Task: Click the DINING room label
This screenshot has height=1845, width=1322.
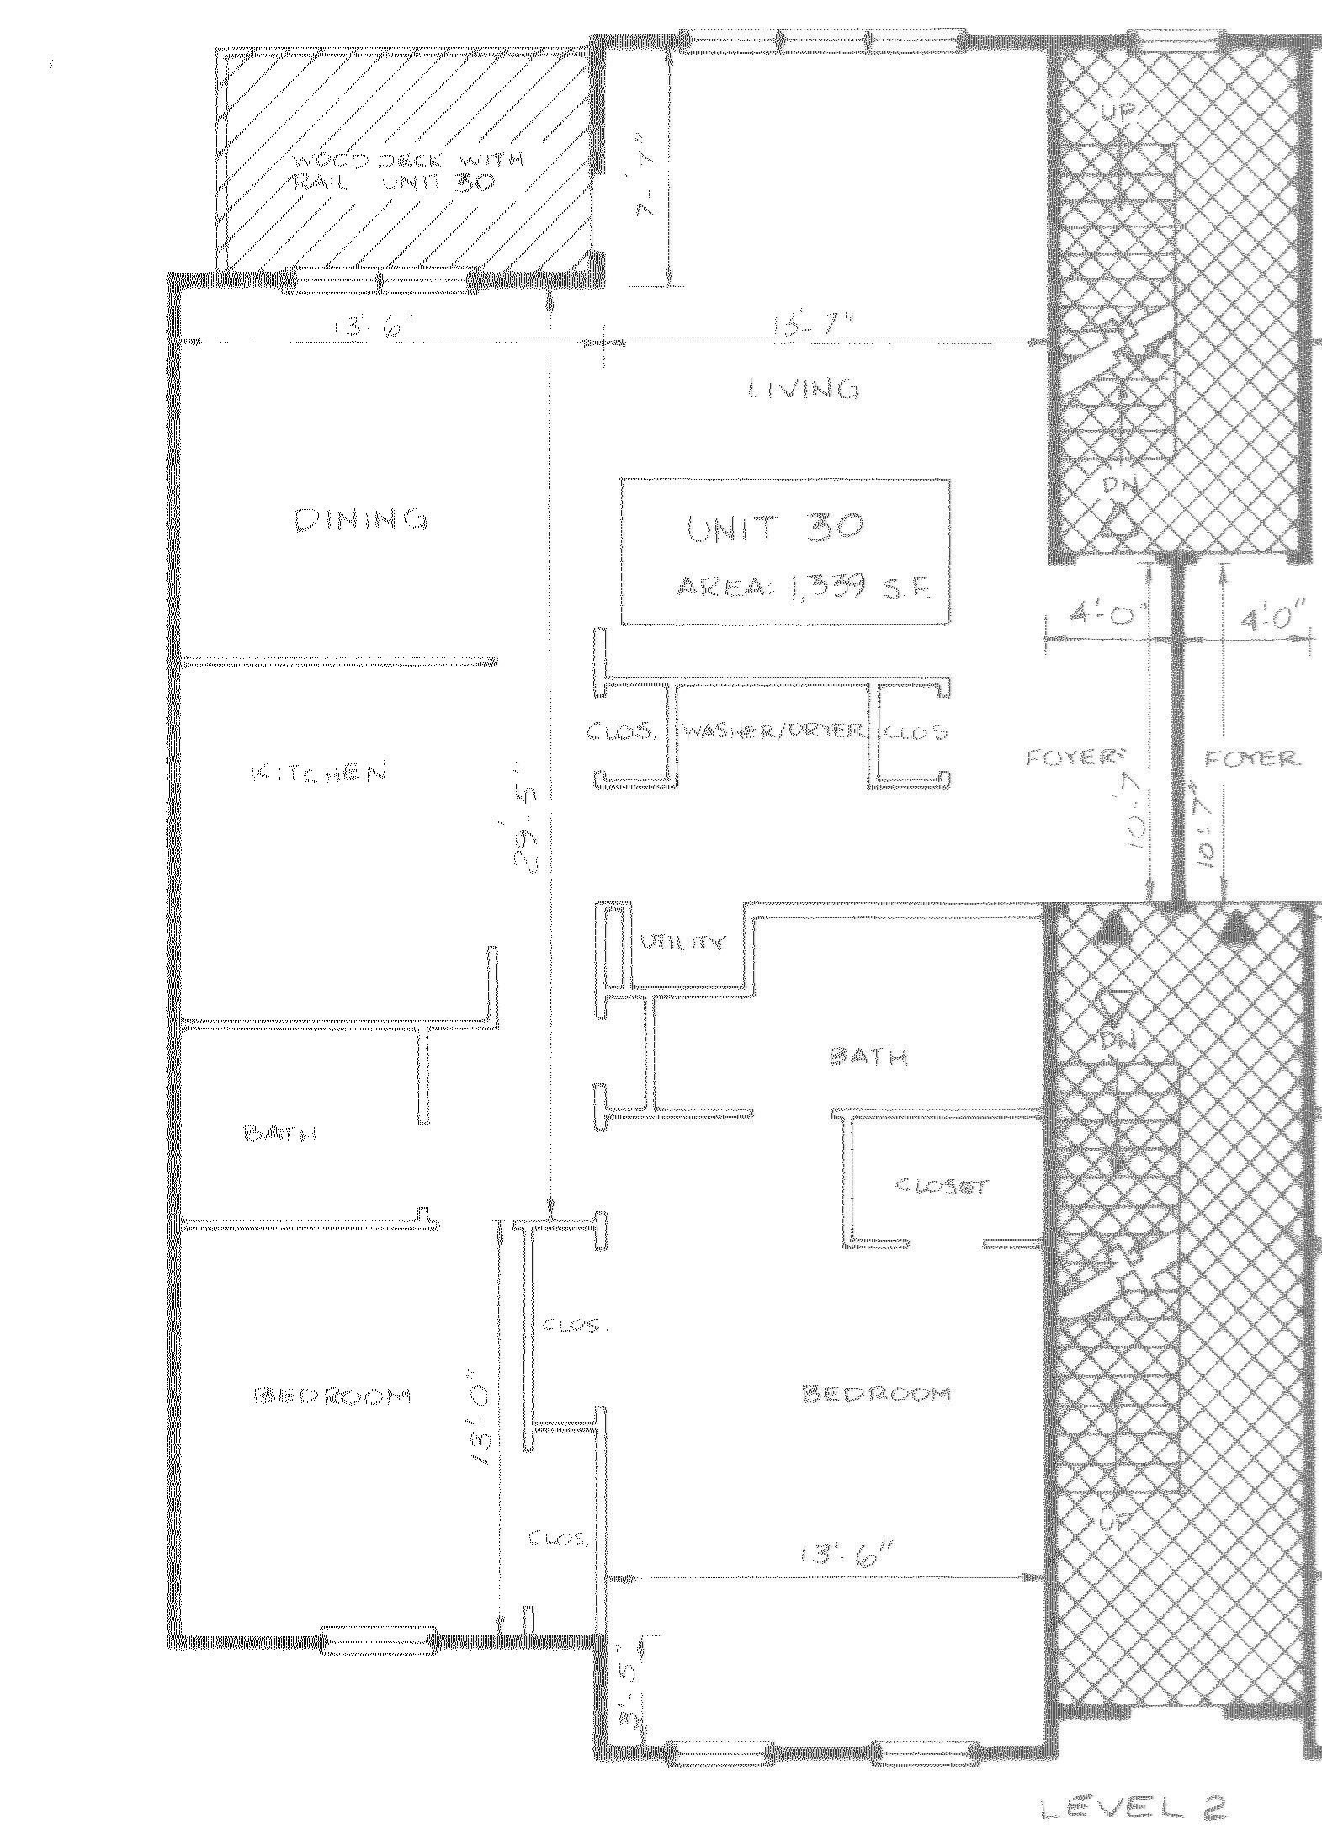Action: (361, 520)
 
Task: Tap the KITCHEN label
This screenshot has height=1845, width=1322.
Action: (320, 772)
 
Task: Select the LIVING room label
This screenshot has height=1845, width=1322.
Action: (804, 389)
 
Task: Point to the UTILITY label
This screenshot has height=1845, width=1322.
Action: (682, 944)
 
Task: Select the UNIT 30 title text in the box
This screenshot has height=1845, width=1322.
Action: (774, 528)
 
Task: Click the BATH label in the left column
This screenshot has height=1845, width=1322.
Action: (279, 1134)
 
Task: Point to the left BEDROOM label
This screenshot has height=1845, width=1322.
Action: (332, 1396)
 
